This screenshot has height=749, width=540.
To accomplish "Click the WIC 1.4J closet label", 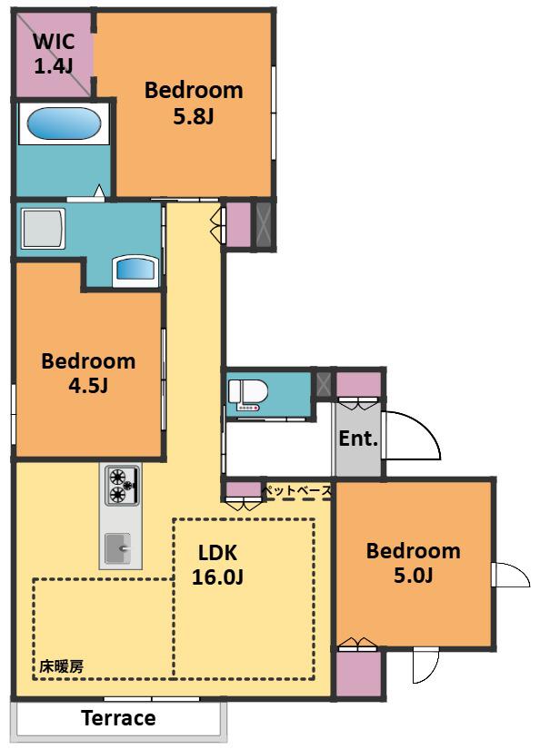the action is coord(54,53).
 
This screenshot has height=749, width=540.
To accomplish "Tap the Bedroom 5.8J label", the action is coord(194,103).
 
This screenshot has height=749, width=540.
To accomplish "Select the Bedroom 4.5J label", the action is coord(88,373).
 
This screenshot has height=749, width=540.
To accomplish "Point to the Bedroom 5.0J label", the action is coord(414,563).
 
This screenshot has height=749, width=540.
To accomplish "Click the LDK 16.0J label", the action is coord(217,565).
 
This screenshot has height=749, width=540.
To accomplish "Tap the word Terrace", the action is coord(118,718).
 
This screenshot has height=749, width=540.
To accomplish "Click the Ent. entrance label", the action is coord(358,438).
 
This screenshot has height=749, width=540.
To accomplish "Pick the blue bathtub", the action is coord(65,123).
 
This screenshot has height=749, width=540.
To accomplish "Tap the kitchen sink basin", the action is coord(118,547).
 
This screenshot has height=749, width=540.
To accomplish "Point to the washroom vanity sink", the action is coord(135,270).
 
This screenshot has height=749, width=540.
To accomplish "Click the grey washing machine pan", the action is coord(43,228).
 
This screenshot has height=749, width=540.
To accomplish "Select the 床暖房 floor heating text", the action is coord(61,665).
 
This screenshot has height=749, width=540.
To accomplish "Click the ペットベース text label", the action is coord(297,490).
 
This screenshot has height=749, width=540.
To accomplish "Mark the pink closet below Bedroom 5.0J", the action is coord(359,674).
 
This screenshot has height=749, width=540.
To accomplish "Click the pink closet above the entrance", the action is coord(359,385).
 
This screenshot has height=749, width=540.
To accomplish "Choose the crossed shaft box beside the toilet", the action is coord(324,383).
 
